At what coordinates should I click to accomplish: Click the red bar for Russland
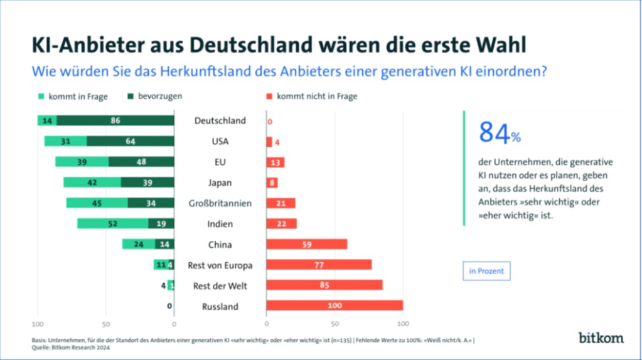334,306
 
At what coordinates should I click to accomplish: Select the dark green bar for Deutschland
115,120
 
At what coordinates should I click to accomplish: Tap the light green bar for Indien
113,224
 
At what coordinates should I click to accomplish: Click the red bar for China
306,245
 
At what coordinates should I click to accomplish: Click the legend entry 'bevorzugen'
155,97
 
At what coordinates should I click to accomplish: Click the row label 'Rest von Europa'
220,265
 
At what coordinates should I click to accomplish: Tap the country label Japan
220,183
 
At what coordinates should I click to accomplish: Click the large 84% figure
500,133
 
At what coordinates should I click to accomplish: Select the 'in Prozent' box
486,272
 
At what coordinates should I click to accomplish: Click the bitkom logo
601,337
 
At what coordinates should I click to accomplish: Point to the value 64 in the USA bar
130,142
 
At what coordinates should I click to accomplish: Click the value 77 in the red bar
318,265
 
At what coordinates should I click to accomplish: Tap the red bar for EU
276,162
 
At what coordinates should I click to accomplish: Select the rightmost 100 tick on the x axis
403,324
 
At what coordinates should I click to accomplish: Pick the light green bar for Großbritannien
97,203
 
